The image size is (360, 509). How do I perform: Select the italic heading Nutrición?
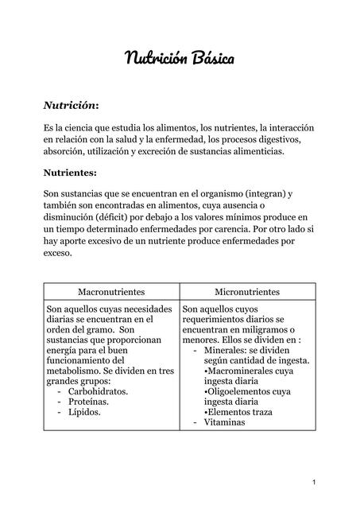[71, 105]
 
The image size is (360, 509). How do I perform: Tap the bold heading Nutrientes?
[72, 171]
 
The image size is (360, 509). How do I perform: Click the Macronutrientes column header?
[111, 292]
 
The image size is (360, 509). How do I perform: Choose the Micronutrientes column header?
[247, 292]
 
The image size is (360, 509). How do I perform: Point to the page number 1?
[315, 483]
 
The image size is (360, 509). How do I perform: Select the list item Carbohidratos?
[99, 391]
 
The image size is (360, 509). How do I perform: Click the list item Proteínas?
[90, 402]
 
